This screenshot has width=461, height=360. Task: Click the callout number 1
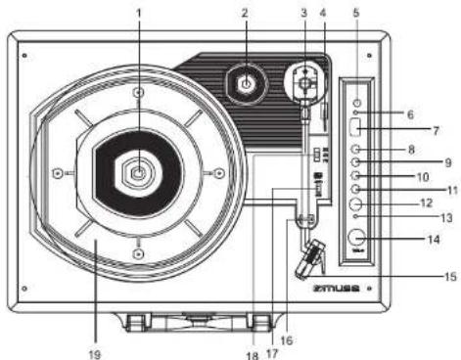point(138,13)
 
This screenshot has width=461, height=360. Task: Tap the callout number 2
point(245,14)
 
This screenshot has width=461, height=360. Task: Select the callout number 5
point(356,15)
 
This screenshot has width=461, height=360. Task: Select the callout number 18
point(253,353)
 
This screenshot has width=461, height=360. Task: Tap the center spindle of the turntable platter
point(138,172)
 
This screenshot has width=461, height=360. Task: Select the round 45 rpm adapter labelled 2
point(246,85)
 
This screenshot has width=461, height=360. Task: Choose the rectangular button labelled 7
point(357,126)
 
